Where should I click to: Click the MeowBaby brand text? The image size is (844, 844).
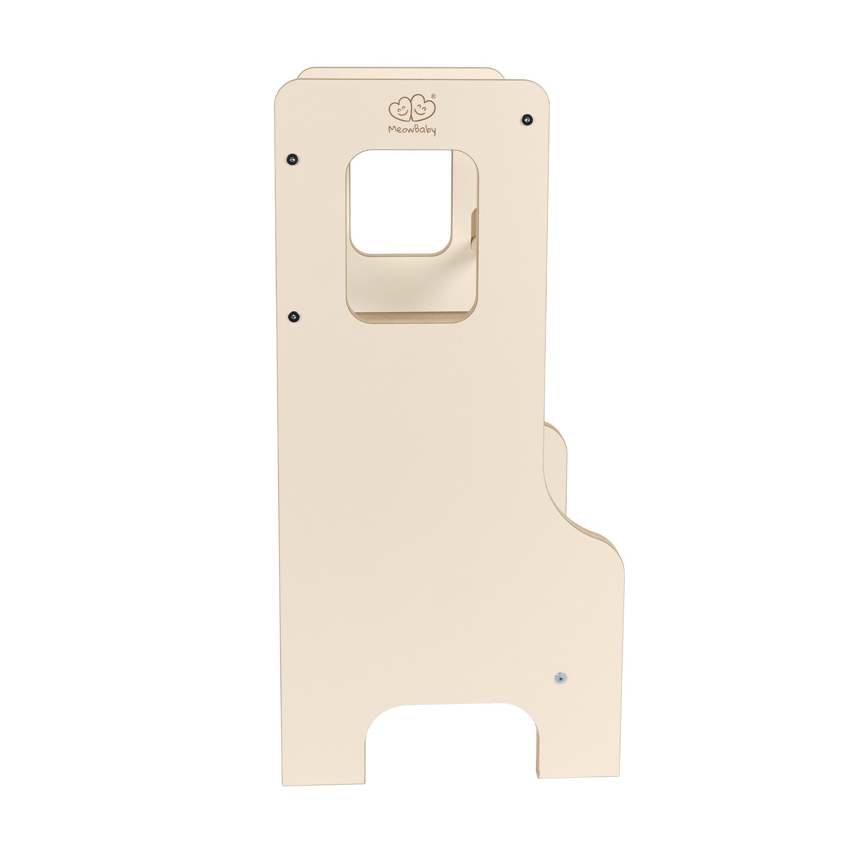click(412, 130)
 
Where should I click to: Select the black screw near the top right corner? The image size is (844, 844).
click(528, 119)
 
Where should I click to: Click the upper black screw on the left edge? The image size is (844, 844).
click(292, 158)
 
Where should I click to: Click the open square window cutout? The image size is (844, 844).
click(400, 201)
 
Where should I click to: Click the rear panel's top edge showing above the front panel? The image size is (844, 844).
click(400, 73)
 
